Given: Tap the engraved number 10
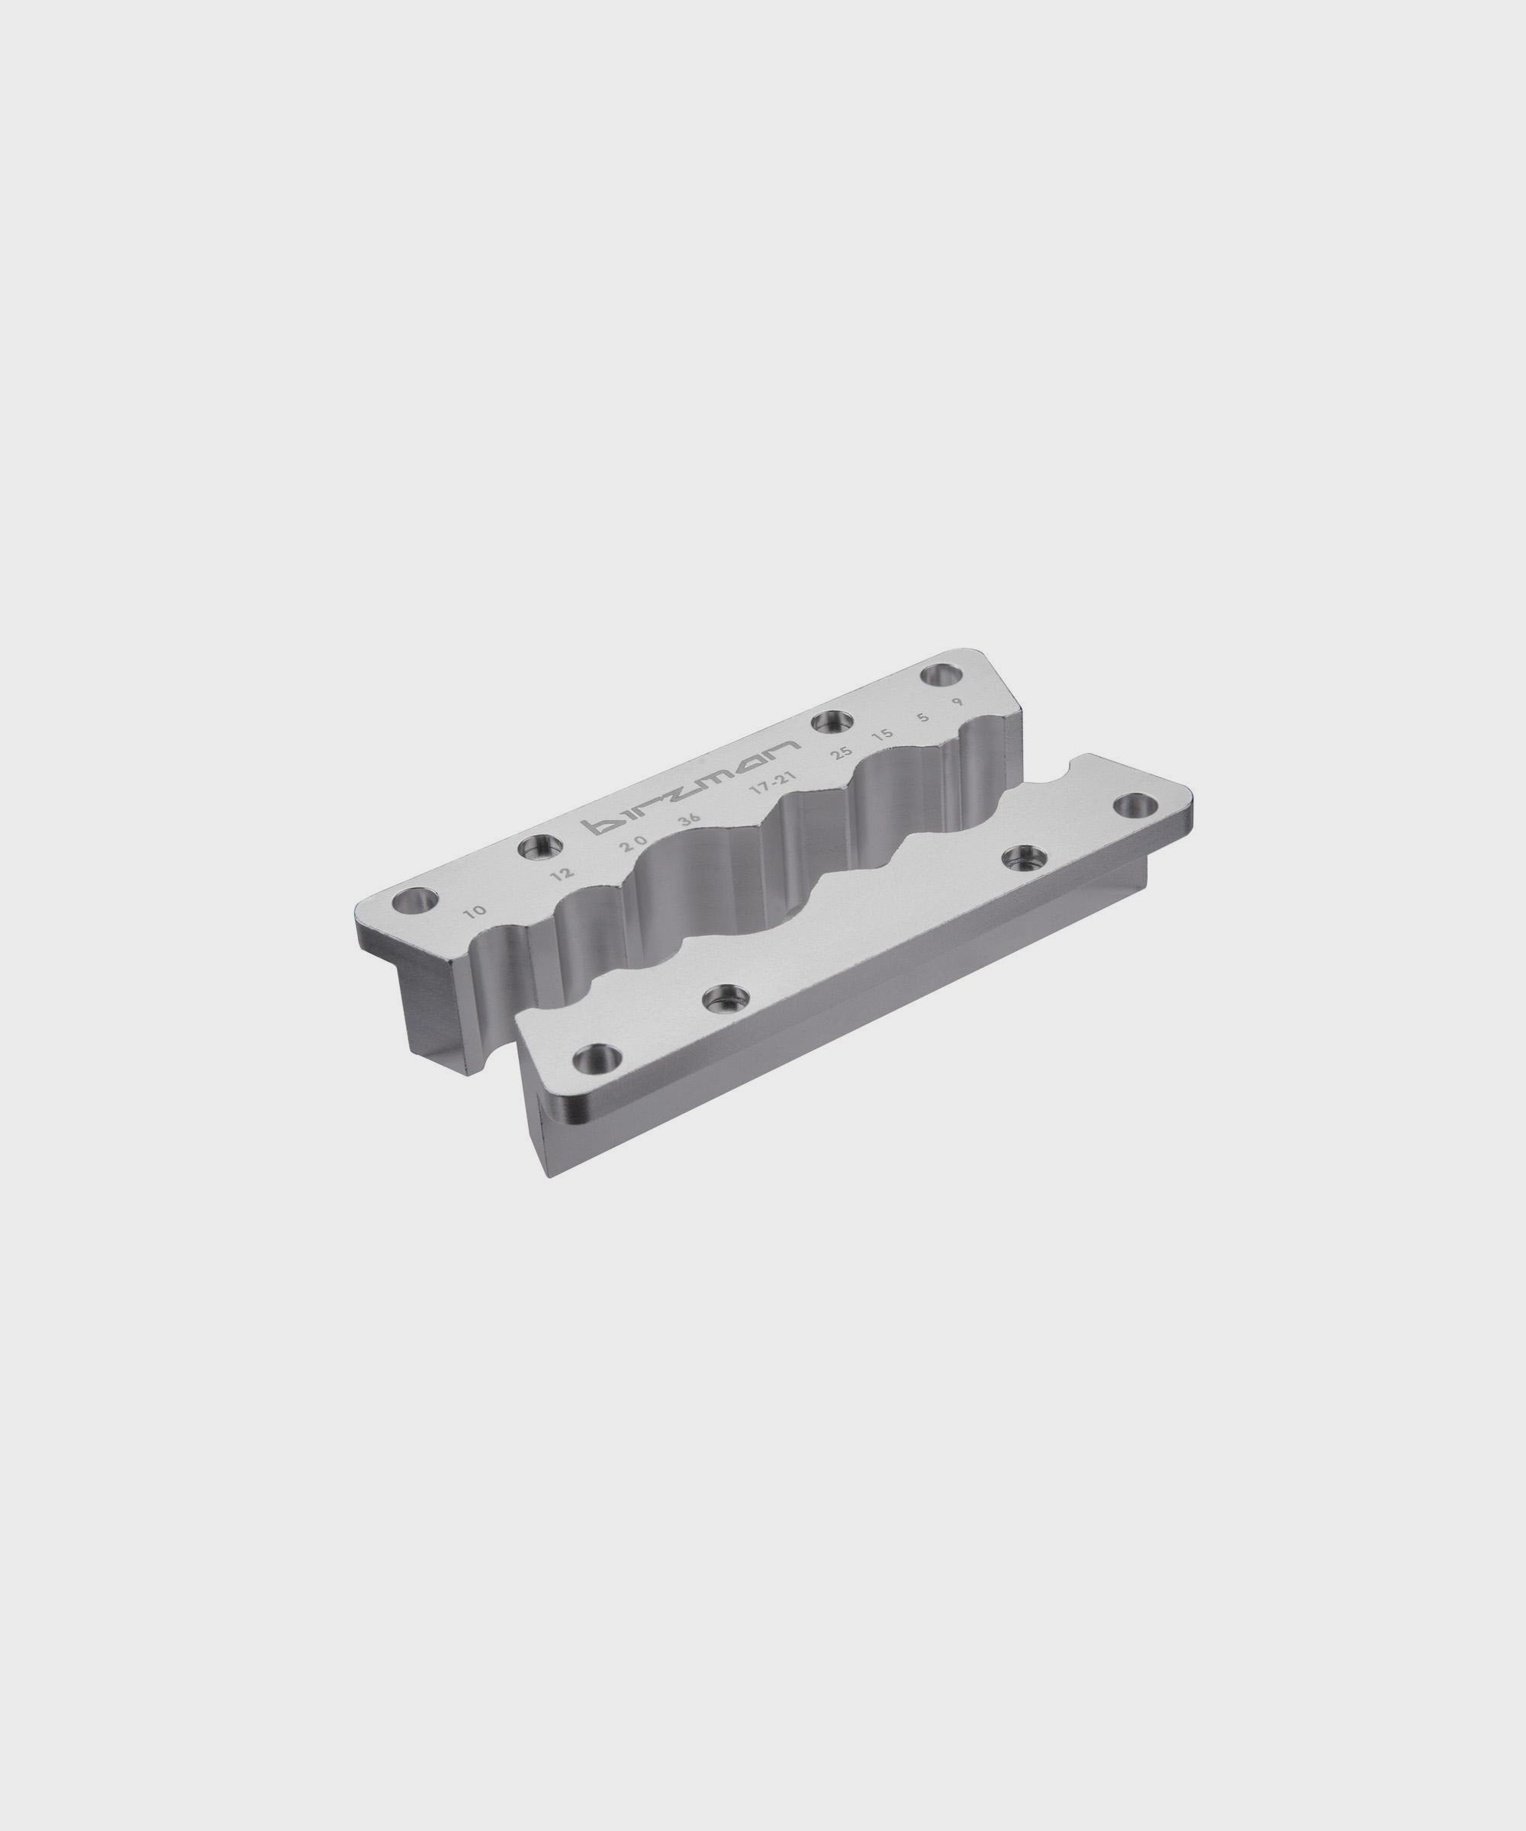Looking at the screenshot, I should pos(475,912).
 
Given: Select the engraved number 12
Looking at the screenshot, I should pos(562,873).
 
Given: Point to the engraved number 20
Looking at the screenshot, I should pos(633,844).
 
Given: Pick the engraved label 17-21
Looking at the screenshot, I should pos(781,783).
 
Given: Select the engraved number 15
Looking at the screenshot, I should pos(883,735).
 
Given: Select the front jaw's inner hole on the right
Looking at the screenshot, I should pos(1018,858).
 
